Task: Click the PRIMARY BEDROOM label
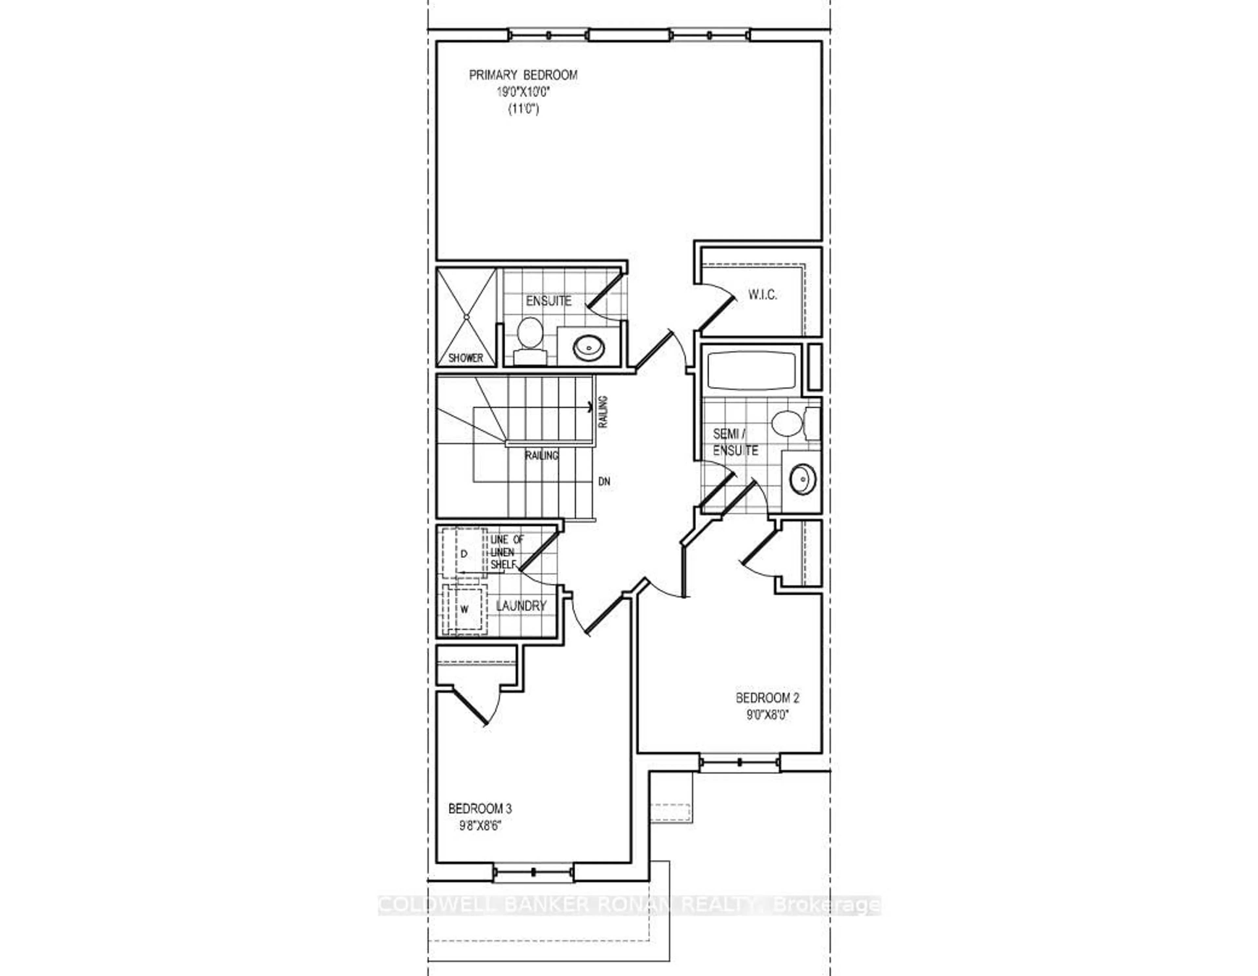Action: click(523, 75)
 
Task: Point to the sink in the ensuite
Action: click(589, 347)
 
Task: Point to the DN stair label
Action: click(604, 481)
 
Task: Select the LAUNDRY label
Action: click(521, 606)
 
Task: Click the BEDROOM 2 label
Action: click(767, 698)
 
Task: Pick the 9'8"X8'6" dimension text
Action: click(480, 826)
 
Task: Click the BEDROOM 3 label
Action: click(480, 808)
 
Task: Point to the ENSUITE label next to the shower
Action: click(548, 301)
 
